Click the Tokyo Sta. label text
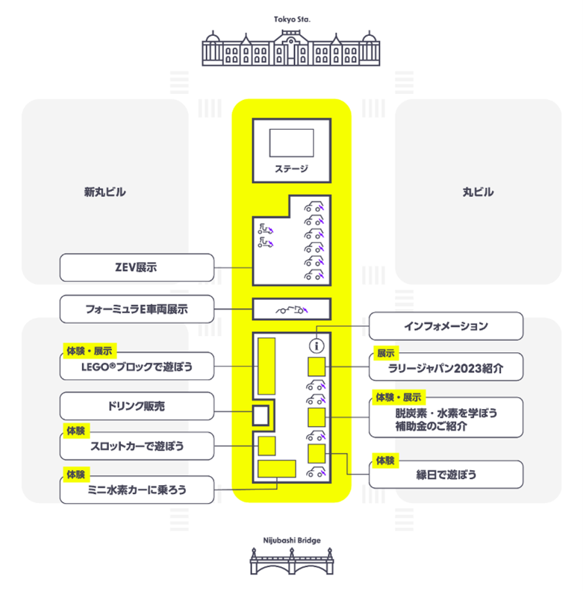[x=291, y=19]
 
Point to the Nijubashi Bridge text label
[x=291, y=538]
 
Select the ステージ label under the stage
[x=291, y=169]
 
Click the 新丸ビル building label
[x=105, y=192]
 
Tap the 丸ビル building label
[x=478, y=192]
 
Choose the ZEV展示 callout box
[x=137, y=266]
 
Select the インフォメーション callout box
[x=446, y=326]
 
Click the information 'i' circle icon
[x=316, y=345]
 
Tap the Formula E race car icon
[x=291, y=309]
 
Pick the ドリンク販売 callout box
[x=137, y=407]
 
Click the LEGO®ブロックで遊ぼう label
[x=137, y=366]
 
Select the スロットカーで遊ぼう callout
[x=137, y=446]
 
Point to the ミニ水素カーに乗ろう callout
[x=137, y=490]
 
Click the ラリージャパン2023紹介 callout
[x=446, y=366]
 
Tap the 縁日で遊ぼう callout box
[x=446, y=474]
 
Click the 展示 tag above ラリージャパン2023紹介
[x=385, y=352]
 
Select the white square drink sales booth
[x=261, y=415]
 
